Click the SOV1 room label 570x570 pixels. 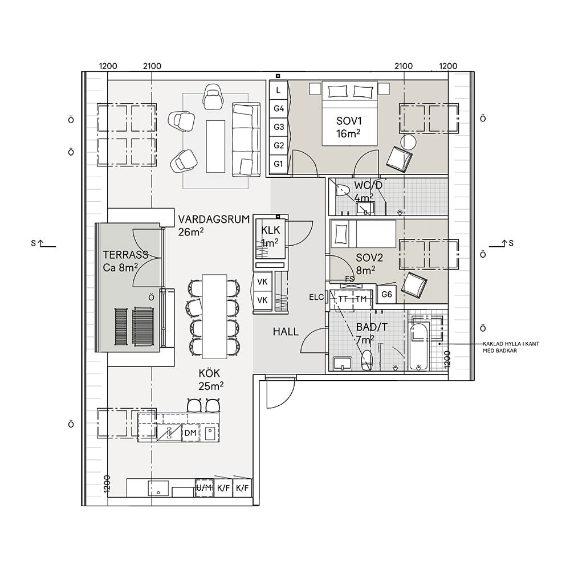coord(349,121)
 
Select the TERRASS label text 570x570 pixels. coord(125,255)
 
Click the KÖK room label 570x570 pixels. coord(210,373)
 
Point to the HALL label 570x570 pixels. coord(286,332)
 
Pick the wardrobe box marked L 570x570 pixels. coord(279,90)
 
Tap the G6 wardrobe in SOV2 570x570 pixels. coord(387,295)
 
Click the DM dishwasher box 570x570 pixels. coord(190,434)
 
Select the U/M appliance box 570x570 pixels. coord(204,488)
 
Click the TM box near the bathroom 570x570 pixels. coord(361,299)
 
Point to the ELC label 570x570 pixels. coord(317,297)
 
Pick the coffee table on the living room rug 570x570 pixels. coord(215,145)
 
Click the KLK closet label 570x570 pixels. coord(270,230)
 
